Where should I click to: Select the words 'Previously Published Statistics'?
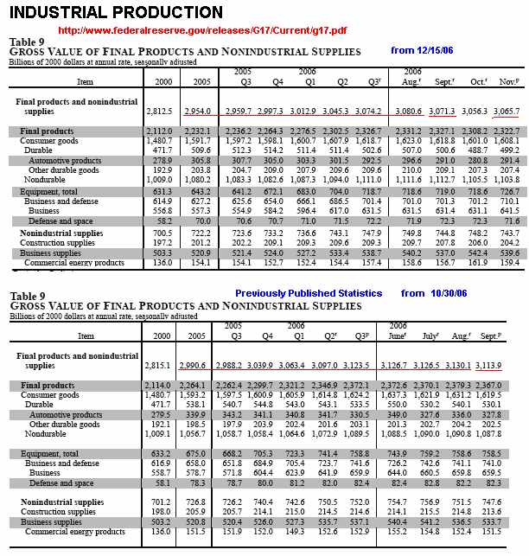308,293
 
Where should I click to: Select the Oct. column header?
475,82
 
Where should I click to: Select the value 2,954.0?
198,112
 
